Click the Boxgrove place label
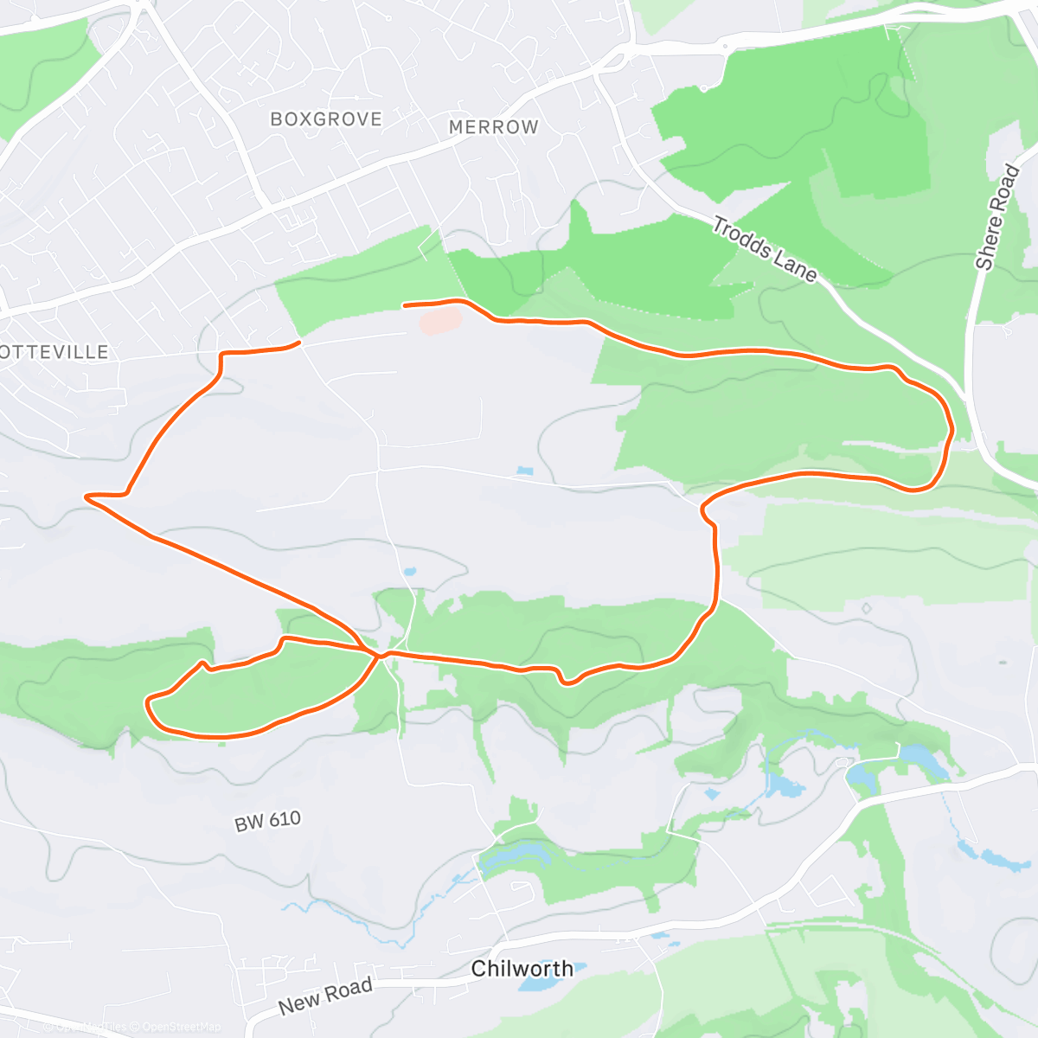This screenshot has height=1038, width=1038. (x=326, y=119)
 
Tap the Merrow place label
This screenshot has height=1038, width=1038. (x=493, y=127)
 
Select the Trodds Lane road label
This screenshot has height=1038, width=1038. (x=764, y=250)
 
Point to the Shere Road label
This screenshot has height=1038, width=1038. (x=998, y=217)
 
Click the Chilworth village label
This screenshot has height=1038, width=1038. (x=522, y=968)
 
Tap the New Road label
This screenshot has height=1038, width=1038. (x=325, y=996)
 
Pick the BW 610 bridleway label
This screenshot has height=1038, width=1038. (x=267, y=820)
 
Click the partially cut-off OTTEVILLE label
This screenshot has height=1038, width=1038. (x=54, y=352)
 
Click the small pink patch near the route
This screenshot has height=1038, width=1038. (x=440, y=321)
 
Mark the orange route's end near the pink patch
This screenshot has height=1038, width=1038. (x=405, y=304)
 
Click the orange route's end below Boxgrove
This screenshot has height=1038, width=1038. (x=299, y=343)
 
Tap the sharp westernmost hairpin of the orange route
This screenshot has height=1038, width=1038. (x=86, y=497)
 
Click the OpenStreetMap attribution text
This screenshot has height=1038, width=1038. (x=182, y=1027)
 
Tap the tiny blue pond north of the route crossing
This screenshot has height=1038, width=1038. (x=409, y=572)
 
